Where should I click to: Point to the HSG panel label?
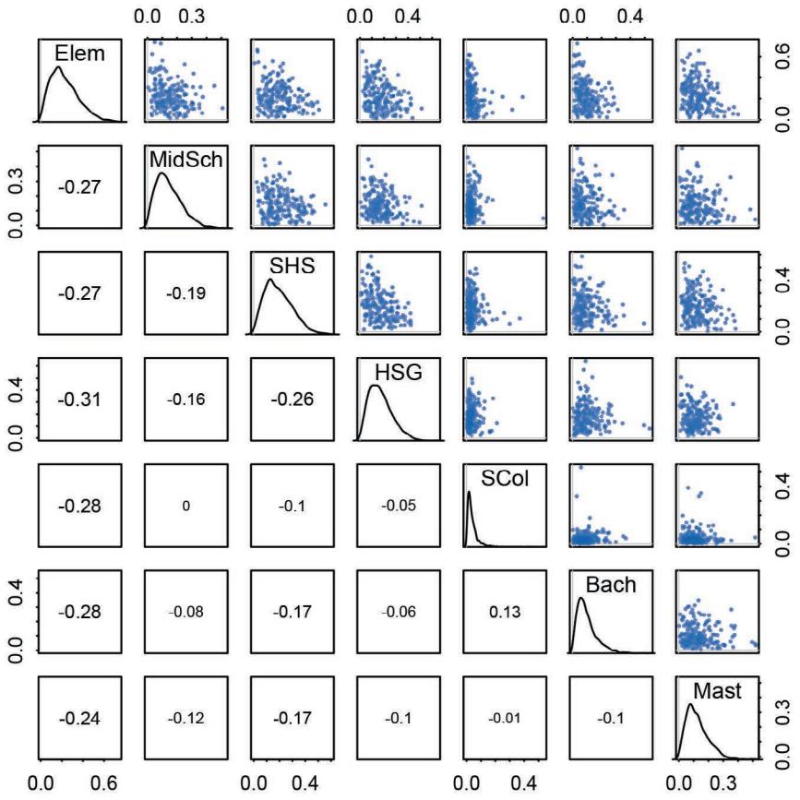pyautogui.click(x=396, y=372)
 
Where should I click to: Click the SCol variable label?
pyautogui.click(x=503, y=479)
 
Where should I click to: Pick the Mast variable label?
pyautogui.click(x=716, y=691)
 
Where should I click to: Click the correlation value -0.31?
pyautogui.click(x=78, y=400)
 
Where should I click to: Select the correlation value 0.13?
pyautogui.click(x=505, y=613)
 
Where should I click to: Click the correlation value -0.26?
pyautogui.click(x=292, y=400)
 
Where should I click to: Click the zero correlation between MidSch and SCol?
pyautogui.click(x=185, y=507)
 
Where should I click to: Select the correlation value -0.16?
pyautogui.click(x=185, y=400)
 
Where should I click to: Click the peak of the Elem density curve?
pyautogui.click(x=58, y=66)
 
